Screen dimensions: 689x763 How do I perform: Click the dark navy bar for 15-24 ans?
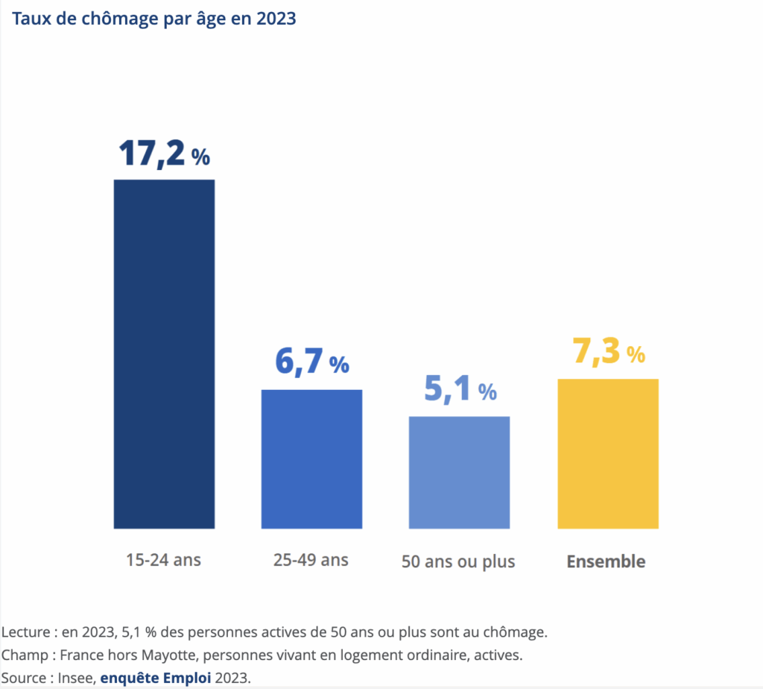tap(164, 353)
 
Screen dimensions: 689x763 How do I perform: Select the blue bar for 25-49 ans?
tap(311, 459)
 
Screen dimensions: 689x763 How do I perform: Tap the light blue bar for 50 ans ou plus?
tap(459, 472)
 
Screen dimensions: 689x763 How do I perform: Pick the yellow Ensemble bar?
tap(608, 453)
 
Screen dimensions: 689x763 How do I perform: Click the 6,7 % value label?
tap(311, 362)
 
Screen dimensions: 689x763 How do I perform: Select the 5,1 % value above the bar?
tap(460, 389)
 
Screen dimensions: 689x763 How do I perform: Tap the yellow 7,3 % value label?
tap(608, 352)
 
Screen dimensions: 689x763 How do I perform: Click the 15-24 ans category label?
tap(163, 559)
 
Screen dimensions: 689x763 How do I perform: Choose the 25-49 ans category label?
tap(311, 559)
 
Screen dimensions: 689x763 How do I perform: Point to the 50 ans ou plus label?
tap(458, 561)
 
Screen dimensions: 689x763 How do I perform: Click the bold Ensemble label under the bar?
tap(606, 561)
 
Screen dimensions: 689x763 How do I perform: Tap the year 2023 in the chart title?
tap(276, 19)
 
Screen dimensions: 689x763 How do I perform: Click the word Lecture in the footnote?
tap(25, 632)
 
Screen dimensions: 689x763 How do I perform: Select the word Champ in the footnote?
tap(24, 655)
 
